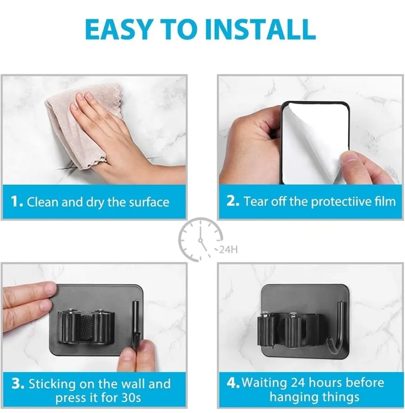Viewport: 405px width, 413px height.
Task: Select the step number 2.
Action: coord(233,201)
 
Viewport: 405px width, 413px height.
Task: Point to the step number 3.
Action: coord(18,384)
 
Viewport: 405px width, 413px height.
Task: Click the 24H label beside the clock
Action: coord(228,250)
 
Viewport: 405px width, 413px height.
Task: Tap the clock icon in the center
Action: coord(200,240)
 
